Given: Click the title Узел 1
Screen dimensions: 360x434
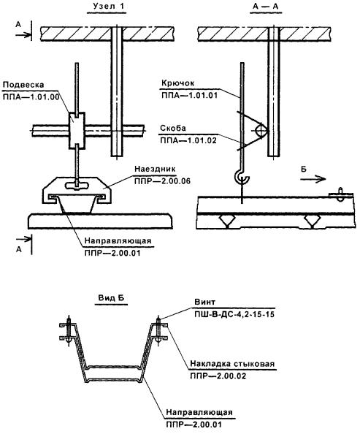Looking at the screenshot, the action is (107, 7).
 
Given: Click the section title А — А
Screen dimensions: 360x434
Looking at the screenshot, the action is (265, 7).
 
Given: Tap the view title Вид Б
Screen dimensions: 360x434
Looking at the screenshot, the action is (111, 298).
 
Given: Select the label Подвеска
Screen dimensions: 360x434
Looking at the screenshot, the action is (23, 85).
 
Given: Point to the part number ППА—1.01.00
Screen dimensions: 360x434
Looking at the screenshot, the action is (31, 97).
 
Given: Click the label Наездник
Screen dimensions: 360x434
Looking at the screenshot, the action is (156, 169).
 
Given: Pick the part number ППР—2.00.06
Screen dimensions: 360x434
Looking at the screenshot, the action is (162, 181).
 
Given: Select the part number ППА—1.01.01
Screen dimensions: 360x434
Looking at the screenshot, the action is (189, 96).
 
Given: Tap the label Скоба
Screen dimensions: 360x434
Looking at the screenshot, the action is (173, 128).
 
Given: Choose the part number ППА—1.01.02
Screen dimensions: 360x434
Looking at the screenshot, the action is (188, 140).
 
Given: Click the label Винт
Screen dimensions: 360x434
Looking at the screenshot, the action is (204, 302).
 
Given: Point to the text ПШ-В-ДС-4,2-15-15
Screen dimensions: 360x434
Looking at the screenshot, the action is (234, 314).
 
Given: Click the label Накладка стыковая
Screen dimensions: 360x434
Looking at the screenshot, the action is (232, 363).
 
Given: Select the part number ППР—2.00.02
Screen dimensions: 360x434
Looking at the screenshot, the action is (218, 376).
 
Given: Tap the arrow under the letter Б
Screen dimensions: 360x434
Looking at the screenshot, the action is (313, 179).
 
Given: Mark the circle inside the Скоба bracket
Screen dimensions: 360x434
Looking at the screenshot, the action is (261, 131).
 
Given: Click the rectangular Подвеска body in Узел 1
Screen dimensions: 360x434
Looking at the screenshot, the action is (77, 130).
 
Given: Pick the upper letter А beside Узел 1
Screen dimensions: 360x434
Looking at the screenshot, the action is (18, 25).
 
